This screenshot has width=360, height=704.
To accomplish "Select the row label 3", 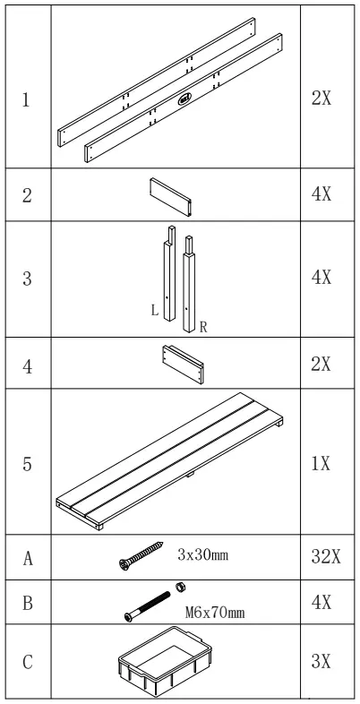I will pyautogui.click(x=27, y=278).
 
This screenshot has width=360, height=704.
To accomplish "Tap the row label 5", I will pyautogui.click(x=27, y=464).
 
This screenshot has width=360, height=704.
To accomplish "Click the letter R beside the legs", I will pyautogui.click(x=202, y=327).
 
